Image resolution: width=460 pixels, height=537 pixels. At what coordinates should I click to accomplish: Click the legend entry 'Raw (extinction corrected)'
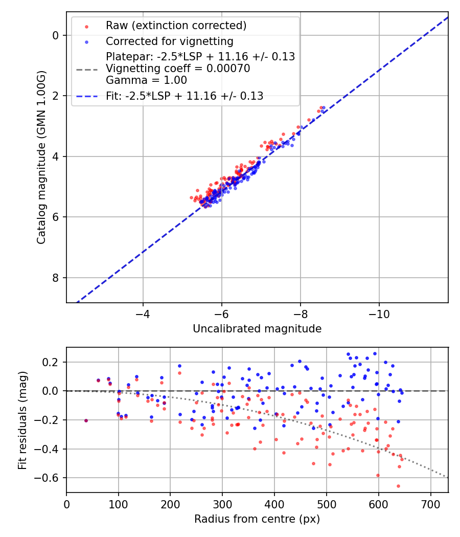(176, 26)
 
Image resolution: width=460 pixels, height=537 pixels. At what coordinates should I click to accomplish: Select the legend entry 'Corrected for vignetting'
(169, 41)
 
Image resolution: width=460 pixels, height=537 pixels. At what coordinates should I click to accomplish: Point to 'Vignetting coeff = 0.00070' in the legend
(178, 69)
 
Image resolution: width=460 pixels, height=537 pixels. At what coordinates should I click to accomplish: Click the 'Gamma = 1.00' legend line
(146, 80)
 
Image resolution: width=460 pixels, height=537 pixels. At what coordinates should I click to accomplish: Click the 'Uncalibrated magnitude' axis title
(257, 329)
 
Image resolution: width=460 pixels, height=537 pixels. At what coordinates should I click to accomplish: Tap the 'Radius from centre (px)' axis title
(257, 519)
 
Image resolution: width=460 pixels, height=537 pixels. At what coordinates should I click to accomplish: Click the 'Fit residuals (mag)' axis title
(22, 420)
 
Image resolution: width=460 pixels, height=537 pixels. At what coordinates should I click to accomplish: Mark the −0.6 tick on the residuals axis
(50, 478)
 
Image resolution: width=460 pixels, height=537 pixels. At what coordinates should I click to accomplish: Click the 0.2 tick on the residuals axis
(52, 362)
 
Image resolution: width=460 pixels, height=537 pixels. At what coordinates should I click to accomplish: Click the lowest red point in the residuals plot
(398, 486)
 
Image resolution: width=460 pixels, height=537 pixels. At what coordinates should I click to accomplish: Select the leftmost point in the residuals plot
(86, 420)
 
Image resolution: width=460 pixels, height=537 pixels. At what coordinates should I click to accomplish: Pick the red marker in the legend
(86, 26)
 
